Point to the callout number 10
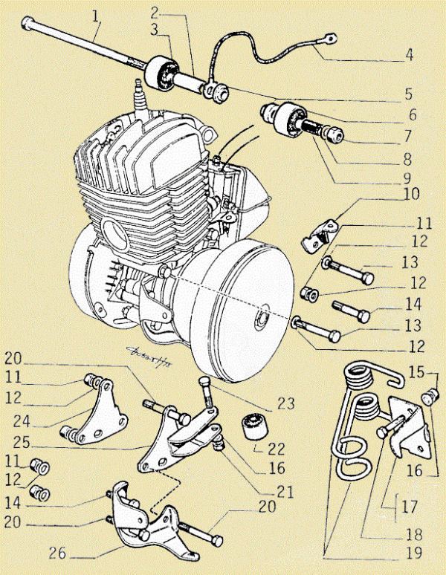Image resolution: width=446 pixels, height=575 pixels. pos(410,195)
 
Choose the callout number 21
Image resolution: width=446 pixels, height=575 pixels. pos(284,493)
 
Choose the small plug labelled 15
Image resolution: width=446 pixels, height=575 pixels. pos(428,397)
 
